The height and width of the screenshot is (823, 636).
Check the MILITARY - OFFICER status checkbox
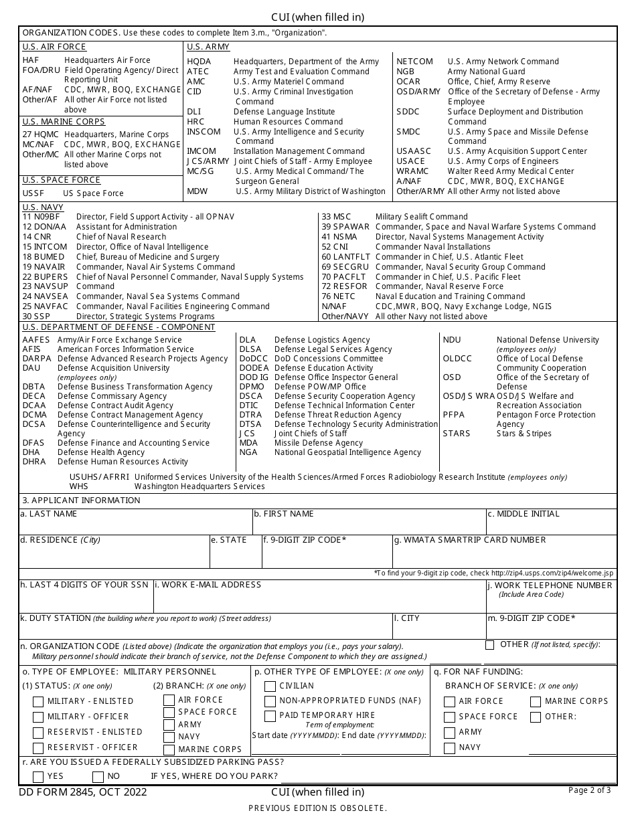pos(39,717)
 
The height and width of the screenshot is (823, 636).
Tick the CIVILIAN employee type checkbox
pos(270,686)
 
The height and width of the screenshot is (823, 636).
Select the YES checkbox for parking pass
pos(38,777)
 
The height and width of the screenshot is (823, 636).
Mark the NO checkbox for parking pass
pos(98,777)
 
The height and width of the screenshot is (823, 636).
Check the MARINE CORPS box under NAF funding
pos(536,702)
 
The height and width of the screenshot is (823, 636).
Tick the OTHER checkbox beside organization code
pos(490,645)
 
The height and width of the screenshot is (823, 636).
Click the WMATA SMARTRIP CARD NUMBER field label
pos(470,540)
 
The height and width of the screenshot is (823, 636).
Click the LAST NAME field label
pos(49,514)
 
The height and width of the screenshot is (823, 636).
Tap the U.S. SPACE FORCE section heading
pos(62,180)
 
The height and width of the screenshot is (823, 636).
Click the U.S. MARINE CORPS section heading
pos(64,122)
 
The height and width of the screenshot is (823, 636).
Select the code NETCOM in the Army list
pos(414,62)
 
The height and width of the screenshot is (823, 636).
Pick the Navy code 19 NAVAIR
pos(44,267)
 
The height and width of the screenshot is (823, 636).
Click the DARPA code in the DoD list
pos(36,359)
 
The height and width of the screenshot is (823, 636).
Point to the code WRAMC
pos(412,171)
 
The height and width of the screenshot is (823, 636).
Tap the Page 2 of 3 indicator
pos(589,790)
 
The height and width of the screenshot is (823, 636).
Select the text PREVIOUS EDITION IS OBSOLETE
pos(317,808)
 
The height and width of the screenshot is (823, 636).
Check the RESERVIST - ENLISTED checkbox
pos(39,733)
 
